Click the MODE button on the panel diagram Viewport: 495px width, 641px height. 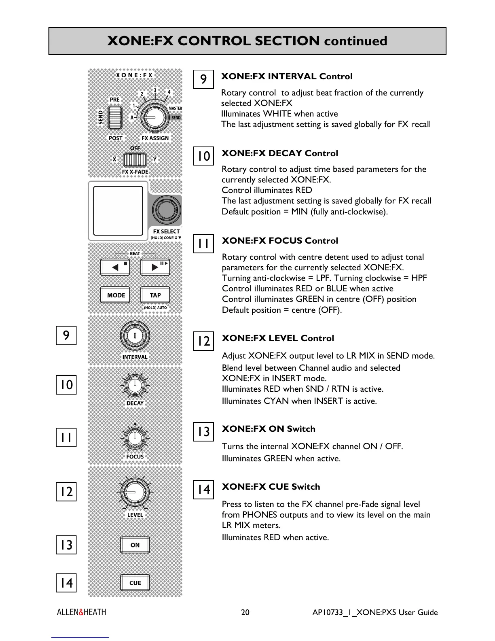point(116,295)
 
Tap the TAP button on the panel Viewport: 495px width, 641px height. point(155,295)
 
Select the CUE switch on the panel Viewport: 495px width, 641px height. point(135,583)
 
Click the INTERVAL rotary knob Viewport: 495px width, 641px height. point(135,336)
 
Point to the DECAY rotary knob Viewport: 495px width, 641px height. point(135,384)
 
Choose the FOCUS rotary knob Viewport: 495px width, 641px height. point(135,437)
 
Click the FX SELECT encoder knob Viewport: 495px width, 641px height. point(166,210)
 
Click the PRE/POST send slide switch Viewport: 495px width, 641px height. point(115,118)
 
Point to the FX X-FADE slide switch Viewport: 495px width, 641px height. point(135,160)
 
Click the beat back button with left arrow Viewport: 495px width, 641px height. point(115,267)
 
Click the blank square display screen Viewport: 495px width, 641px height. point(118,210)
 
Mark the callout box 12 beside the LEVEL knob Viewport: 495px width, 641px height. point(66,492)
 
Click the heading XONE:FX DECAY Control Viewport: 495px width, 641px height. point(279,153)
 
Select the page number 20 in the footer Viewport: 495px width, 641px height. point(245,612)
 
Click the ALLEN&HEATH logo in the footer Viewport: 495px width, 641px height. point(81,612)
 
